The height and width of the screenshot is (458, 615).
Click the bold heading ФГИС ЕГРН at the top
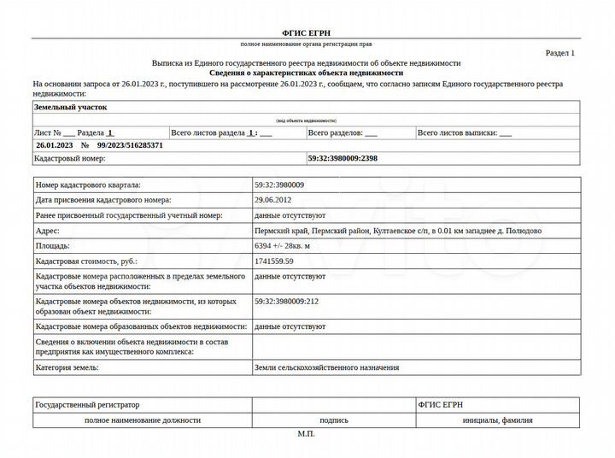[307, 32]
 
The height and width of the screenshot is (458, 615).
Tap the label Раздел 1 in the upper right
[560, 53]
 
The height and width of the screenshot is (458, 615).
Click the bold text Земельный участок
[70, 108]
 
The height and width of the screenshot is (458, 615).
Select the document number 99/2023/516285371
[132, 145]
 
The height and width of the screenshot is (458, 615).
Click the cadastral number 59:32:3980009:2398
[342, 159]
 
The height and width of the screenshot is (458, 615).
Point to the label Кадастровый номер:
[69, 159]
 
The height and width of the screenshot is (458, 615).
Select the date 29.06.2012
[272, 200]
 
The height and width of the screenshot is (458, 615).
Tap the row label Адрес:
[48, 231]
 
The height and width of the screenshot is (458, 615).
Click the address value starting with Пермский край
[397, 231]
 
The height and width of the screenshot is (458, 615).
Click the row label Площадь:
[53, 246]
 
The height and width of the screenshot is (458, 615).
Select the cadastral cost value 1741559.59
[274, 261]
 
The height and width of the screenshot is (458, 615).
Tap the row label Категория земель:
[67, 367]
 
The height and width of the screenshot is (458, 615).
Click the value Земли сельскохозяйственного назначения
[326, 367]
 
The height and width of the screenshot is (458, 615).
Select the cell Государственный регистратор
[87, 404]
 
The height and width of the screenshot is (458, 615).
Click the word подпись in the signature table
[333, 420]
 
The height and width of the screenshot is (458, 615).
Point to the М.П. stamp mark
[307, 434]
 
